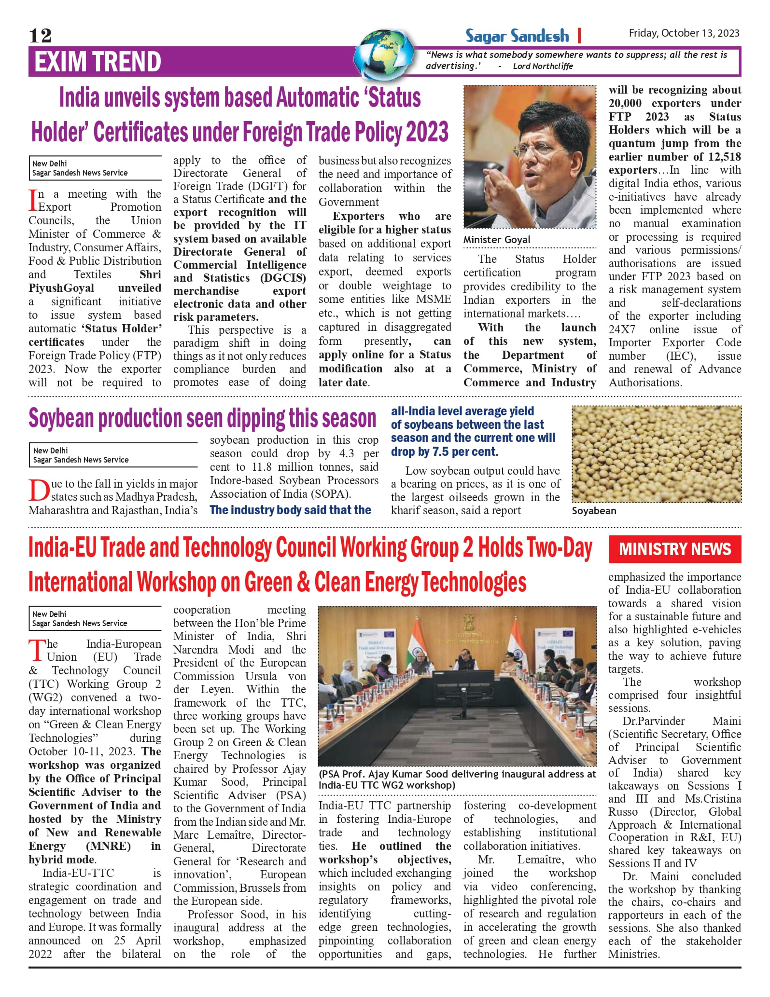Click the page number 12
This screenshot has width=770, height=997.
point(40,36)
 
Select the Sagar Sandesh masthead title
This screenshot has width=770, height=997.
point(517,36)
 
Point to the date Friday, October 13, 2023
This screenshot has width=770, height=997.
point(684,33)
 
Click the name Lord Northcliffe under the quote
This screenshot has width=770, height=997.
point(543,66)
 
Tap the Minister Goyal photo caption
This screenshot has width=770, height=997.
point(497,240)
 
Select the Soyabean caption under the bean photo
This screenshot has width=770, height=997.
point(594,511)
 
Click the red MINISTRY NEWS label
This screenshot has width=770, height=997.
point(675,549)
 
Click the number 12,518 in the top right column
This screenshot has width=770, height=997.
point(721,157)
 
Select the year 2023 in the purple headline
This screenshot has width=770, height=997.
point(427,132)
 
